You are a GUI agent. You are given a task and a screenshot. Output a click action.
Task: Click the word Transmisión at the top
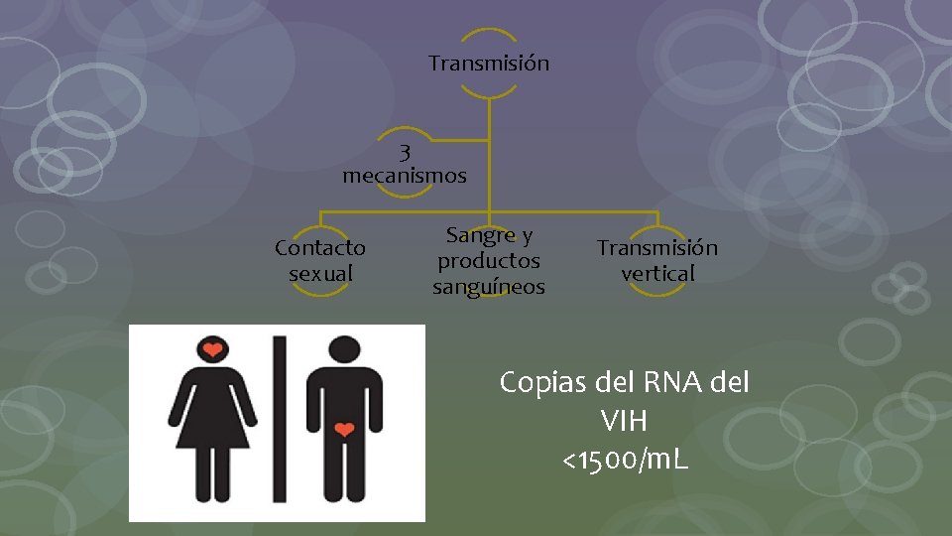[488, 64]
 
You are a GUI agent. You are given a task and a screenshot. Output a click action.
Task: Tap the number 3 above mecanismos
[405, 153]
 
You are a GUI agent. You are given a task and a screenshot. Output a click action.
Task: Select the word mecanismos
[404, 177]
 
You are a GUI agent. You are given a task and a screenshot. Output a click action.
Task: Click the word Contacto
[319, 247]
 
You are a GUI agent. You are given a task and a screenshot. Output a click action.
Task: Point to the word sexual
[320, 272]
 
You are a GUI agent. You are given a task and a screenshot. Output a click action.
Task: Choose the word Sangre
[481, 236]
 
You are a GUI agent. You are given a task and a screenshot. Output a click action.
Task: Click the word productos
[489, 261]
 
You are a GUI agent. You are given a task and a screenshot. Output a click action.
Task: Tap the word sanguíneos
[489, 287]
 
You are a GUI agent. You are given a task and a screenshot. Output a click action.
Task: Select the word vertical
[657, 272]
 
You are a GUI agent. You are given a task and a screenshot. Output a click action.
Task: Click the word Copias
[541, 382]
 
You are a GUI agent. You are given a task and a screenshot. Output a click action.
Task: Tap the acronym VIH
[624, 422]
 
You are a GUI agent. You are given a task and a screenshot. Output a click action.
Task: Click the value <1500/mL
[625, 461]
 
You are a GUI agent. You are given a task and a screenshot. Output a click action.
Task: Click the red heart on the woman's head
[212, 349]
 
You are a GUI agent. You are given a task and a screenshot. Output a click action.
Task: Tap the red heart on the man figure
[344, 430]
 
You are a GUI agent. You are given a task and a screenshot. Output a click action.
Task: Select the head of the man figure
[344, 349]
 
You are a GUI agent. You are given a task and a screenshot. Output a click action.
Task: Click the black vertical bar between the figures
[280, 422]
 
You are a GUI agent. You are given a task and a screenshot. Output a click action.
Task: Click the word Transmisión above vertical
[656, 247]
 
